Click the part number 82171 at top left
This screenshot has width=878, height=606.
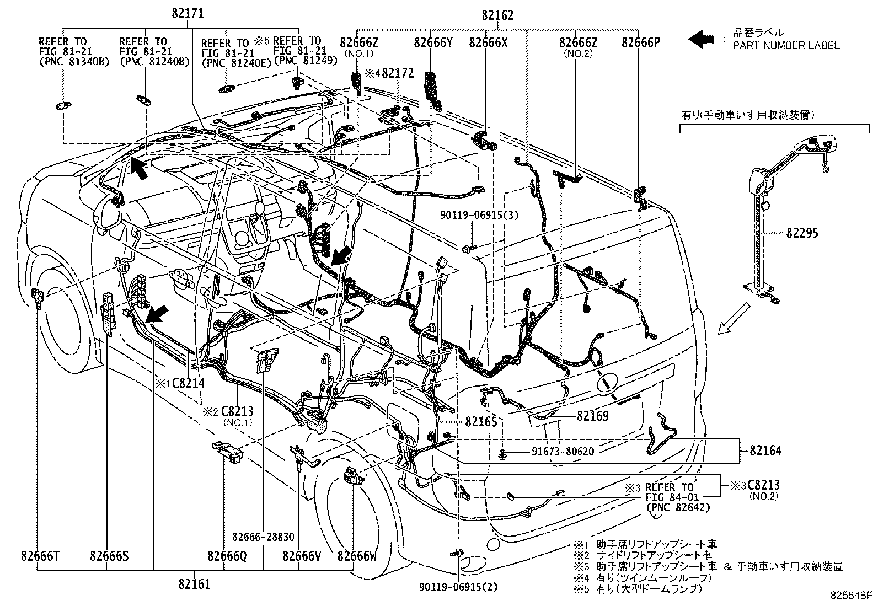[x=181, y=14]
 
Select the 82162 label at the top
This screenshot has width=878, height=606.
[x=497, y=15]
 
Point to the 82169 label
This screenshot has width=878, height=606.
[x=593, y=416]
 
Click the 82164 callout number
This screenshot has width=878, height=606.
[x=765, y=451]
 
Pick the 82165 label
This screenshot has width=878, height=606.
[x=481, y=422]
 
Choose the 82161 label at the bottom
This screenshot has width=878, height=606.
[x=194, y=583]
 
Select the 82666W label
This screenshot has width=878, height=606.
[x=357, y=556]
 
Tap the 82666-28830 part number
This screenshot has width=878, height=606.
[x=263, y=537]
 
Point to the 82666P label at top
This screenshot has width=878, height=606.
[x=640, y=42]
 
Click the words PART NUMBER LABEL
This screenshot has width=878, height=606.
[x=786, y=46]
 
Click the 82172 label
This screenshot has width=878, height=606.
[x=397, y=73]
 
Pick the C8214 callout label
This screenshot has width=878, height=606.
[x=188, y=383]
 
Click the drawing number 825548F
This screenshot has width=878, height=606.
[x=852, y=596]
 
